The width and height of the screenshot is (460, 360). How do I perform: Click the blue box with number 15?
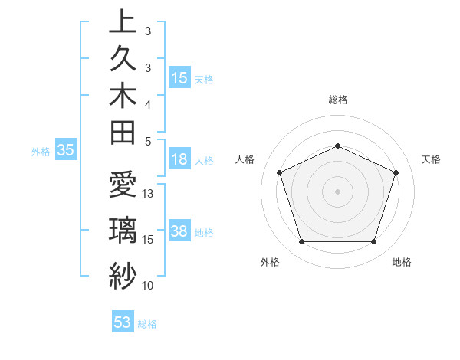[179, 78]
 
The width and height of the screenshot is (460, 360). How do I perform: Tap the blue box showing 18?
[179, 160]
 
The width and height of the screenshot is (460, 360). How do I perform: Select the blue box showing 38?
[179, 231]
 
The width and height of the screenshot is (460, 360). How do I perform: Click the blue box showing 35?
[66, 151]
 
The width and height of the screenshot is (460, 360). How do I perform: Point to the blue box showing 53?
[123, 322]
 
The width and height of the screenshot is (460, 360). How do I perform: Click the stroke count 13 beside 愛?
[149, 194]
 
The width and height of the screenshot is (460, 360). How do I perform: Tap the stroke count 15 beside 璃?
[149, 240]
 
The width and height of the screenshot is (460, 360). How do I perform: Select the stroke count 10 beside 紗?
[149, 286]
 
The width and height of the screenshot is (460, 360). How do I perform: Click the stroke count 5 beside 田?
[148, 141]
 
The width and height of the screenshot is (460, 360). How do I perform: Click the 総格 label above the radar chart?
[338, 100]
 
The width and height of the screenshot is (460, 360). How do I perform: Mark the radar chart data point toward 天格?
[396, 172]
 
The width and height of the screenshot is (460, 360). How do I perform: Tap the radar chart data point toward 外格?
[301, 242]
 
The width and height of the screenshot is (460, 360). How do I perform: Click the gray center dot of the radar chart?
[338, 191]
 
